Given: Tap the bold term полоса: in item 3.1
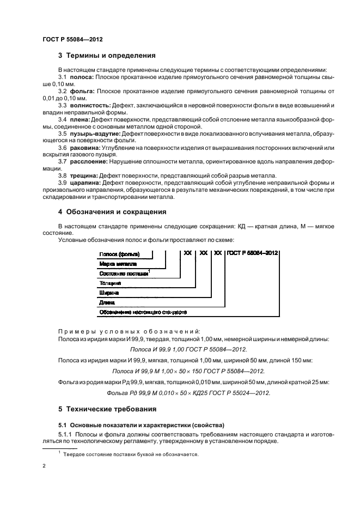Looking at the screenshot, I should [81, 77].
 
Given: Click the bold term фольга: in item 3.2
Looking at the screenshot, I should [81, 90].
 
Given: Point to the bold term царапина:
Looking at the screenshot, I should [85, 183].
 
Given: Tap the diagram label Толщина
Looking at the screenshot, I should [109, 283].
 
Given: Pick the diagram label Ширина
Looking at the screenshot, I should [108, 293].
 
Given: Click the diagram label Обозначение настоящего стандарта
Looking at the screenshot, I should [143, 313].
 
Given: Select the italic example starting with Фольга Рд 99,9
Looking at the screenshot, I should [188, 392].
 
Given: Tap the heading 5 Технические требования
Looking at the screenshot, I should [111, 408].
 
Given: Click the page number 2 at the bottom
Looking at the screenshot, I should [45, 466].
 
